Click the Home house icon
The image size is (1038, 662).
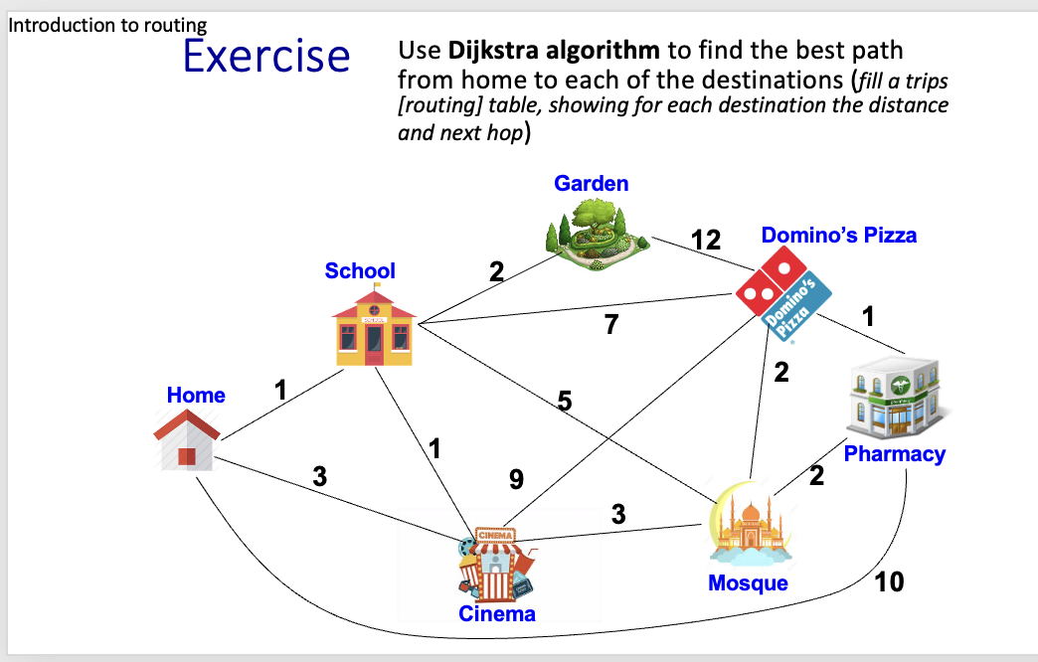pyautogui.click(x=187, y=439)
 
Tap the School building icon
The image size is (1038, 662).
pyautogui.click(x=374, y=325)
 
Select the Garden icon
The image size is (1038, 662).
pyautogui.click(x=598, y=235)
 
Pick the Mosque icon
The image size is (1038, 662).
pyautogui.click(x=750, y=524)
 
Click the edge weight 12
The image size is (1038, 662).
pyautogui.click(x=706, y=240)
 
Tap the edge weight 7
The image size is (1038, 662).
pyautogui.click(x=611, y=324)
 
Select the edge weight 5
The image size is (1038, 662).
pyautogui.click(x=564, y=401)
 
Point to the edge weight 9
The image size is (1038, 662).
pyautogui.click(x=516, y=479)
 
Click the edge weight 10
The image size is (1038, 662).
pyautogui.click(x=889, y=581)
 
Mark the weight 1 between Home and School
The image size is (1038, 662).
pyautogui.click(x=280, y=390)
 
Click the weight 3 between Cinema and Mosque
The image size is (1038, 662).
pyautogui.click(x=618, y=514)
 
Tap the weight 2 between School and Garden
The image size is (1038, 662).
pyautogui.click(x=496, y=271)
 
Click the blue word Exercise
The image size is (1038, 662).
pyautogui.click(x=266, y=57)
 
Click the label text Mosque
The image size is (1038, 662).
pyautogui.click(x=748, y=582)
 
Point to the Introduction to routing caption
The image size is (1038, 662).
pyautogui.click(x=107, y=25)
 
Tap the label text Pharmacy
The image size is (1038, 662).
pyautogui.click(x=895, y=454)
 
